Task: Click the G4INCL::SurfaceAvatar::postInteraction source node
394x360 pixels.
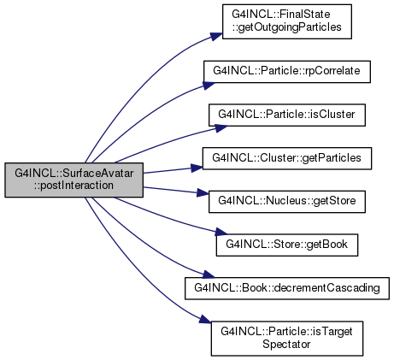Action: pos(74,180)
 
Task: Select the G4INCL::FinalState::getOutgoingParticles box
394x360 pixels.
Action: pos(287,21)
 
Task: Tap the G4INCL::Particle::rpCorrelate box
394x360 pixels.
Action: pos(287,72)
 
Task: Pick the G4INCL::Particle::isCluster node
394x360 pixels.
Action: pos(287,115)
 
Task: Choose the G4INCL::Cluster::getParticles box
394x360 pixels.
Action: pos(287,158)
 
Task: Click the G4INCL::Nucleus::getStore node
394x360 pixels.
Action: pos(287,202)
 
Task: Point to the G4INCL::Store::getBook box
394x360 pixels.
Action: pos(287,245)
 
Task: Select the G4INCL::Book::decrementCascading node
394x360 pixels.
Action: pos(287,288)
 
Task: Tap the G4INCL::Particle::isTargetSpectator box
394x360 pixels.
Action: pos(287,339)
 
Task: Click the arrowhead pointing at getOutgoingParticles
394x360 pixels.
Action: pos(216,36)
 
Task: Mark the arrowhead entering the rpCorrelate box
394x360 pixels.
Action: pos(209,86)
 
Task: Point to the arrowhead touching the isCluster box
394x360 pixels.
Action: pos(221,128)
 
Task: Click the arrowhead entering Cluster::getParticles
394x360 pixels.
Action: pos(197,168)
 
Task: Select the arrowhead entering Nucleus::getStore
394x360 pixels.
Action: pos(203,193)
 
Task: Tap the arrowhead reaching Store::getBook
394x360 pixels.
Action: pos(221,232)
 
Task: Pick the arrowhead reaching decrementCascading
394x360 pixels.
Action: pos(208,274)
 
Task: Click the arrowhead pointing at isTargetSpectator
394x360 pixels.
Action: pos(205,319)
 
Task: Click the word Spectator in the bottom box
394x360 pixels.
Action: pos(286,345)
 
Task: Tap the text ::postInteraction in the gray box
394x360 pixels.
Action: pos(74,186)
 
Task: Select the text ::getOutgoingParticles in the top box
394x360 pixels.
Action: pos(287,27)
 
